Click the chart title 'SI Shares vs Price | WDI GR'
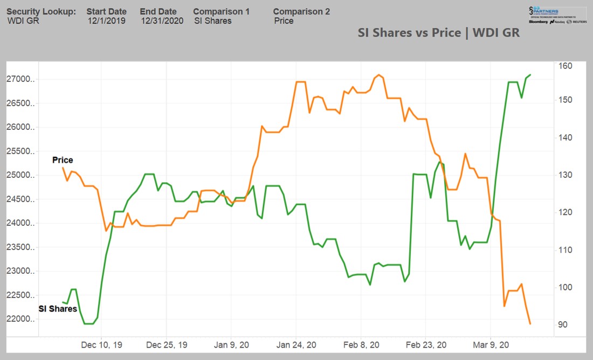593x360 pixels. pyautogui.click(x=438, y=32)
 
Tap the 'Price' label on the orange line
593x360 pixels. pyautogui.click(x=63, y=160)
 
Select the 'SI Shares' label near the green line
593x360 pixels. pyautogui.click(x=57, y=309)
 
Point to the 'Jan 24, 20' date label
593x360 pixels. pyautogui.click(x=297, y=345)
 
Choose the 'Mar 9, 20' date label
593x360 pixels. pyautogui.click(x=492, y=345)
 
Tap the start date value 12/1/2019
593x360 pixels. pyautogui.click(x=106, y=21)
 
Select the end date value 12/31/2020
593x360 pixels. pyautogui.click(x=162, y=21)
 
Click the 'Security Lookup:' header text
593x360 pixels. pyautogui.click(x=41, y=11)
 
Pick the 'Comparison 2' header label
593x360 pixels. pyautogui.click(x=301, y=11)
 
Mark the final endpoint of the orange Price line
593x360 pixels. pyautogui.click(x=530, y=324)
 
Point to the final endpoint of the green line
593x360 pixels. pyautogui.click(x=531, y=74)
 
